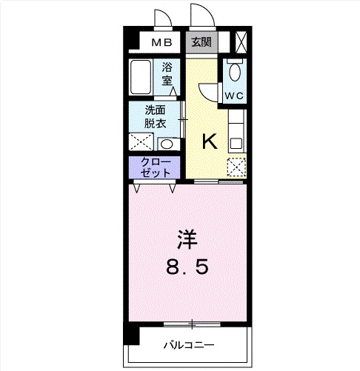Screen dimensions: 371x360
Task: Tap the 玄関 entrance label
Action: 201,42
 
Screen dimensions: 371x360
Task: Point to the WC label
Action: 234,96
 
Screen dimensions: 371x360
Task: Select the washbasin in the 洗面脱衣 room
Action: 167,144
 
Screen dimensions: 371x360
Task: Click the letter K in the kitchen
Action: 210,141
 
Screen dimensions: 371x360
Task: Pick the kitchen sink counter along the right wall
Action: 236,130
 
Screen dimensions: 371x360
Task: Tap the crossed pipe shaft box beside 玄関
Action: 241,41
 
